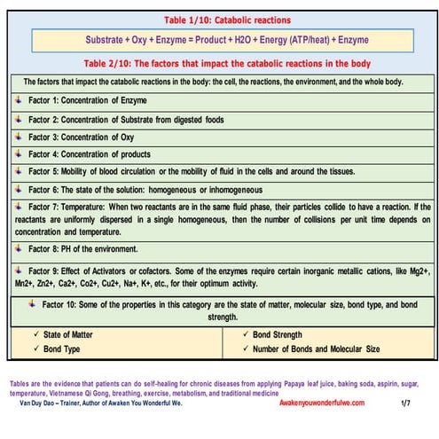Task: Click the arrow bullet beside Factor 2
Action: coord(20,120)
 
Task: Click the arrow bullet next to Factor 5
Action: coord(20,171)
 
